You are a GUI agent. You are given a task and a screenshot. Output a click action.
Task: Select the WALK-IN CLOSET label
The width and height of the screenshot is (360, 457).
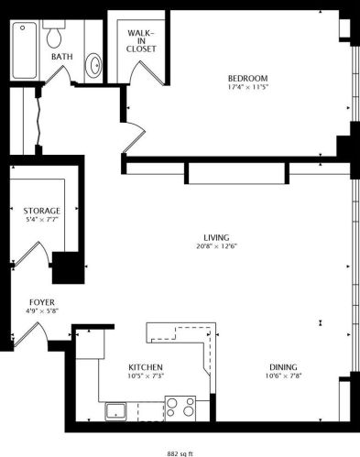pos(142,41)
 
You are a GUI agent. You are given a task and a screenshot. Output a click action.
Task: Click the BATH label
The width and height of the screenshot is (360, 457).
pos(61,57)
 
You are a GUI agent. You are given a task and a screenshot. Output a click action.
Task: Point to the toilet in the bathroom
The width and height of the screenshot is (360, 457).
pos(55,36)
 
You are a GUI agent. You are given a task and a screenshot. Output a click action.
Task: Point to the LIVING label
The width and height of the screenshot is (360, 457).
pos(216,236)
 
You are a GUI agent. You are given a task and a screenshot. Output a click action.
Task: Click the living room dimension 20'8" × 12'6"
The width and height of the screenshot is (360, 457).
pos(216,245)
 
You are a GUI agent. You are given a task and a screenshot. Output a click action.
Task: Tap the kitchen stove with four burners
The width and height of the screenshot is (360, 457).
pos(180,406)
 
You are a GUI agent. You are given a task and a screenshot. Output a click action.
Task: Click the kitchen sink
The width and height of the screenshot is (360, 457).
pos(116,410)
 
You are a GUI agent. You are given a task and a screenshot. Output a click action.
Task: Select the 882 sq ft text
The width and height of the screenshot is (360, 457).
pos(180,452)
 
